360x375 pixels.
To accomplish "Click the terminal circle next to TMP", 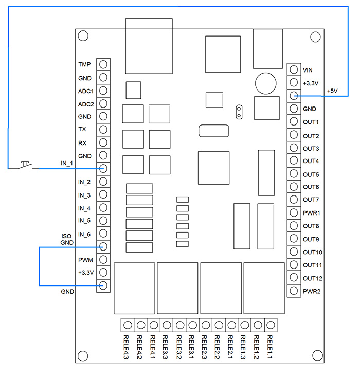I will [103, 64].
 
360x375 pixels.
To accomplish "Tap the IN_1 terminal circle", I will [103, 168].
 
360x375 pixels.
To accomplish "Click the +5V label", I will [332, 91].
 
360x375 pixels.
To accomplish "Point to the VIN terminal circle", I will [294, 69].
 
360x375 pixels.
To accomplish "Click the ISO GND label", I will [67, 239].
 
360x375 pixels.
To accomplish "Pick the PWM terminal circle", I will [103, 259].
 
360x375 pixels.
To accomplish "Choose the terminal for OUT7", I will [294, 200].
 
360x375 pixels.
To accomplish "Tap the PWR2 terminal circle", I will [294, 291].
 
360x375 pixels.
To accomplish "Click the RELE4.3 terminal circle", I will [127, 325].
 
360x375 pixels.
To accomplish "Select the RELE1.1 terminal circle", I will [271, 325].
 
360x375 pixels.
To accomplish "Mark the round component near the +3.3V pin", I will [265, 83].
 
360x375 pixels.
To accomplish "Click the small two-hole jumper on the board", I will [238, 112].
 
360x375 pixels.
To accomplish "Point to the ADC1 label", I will [85, 91].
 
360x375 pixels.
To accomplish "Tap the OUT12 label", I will [313, 278].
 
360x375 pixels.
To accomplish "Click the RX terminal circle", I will [103, 142].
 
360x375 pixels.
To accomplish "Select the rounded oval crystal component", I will [212, 131].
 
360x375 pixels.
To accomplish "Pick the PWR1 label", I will [312, 212].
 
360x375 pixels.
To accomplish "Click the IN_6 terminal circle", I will [103, 234].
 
